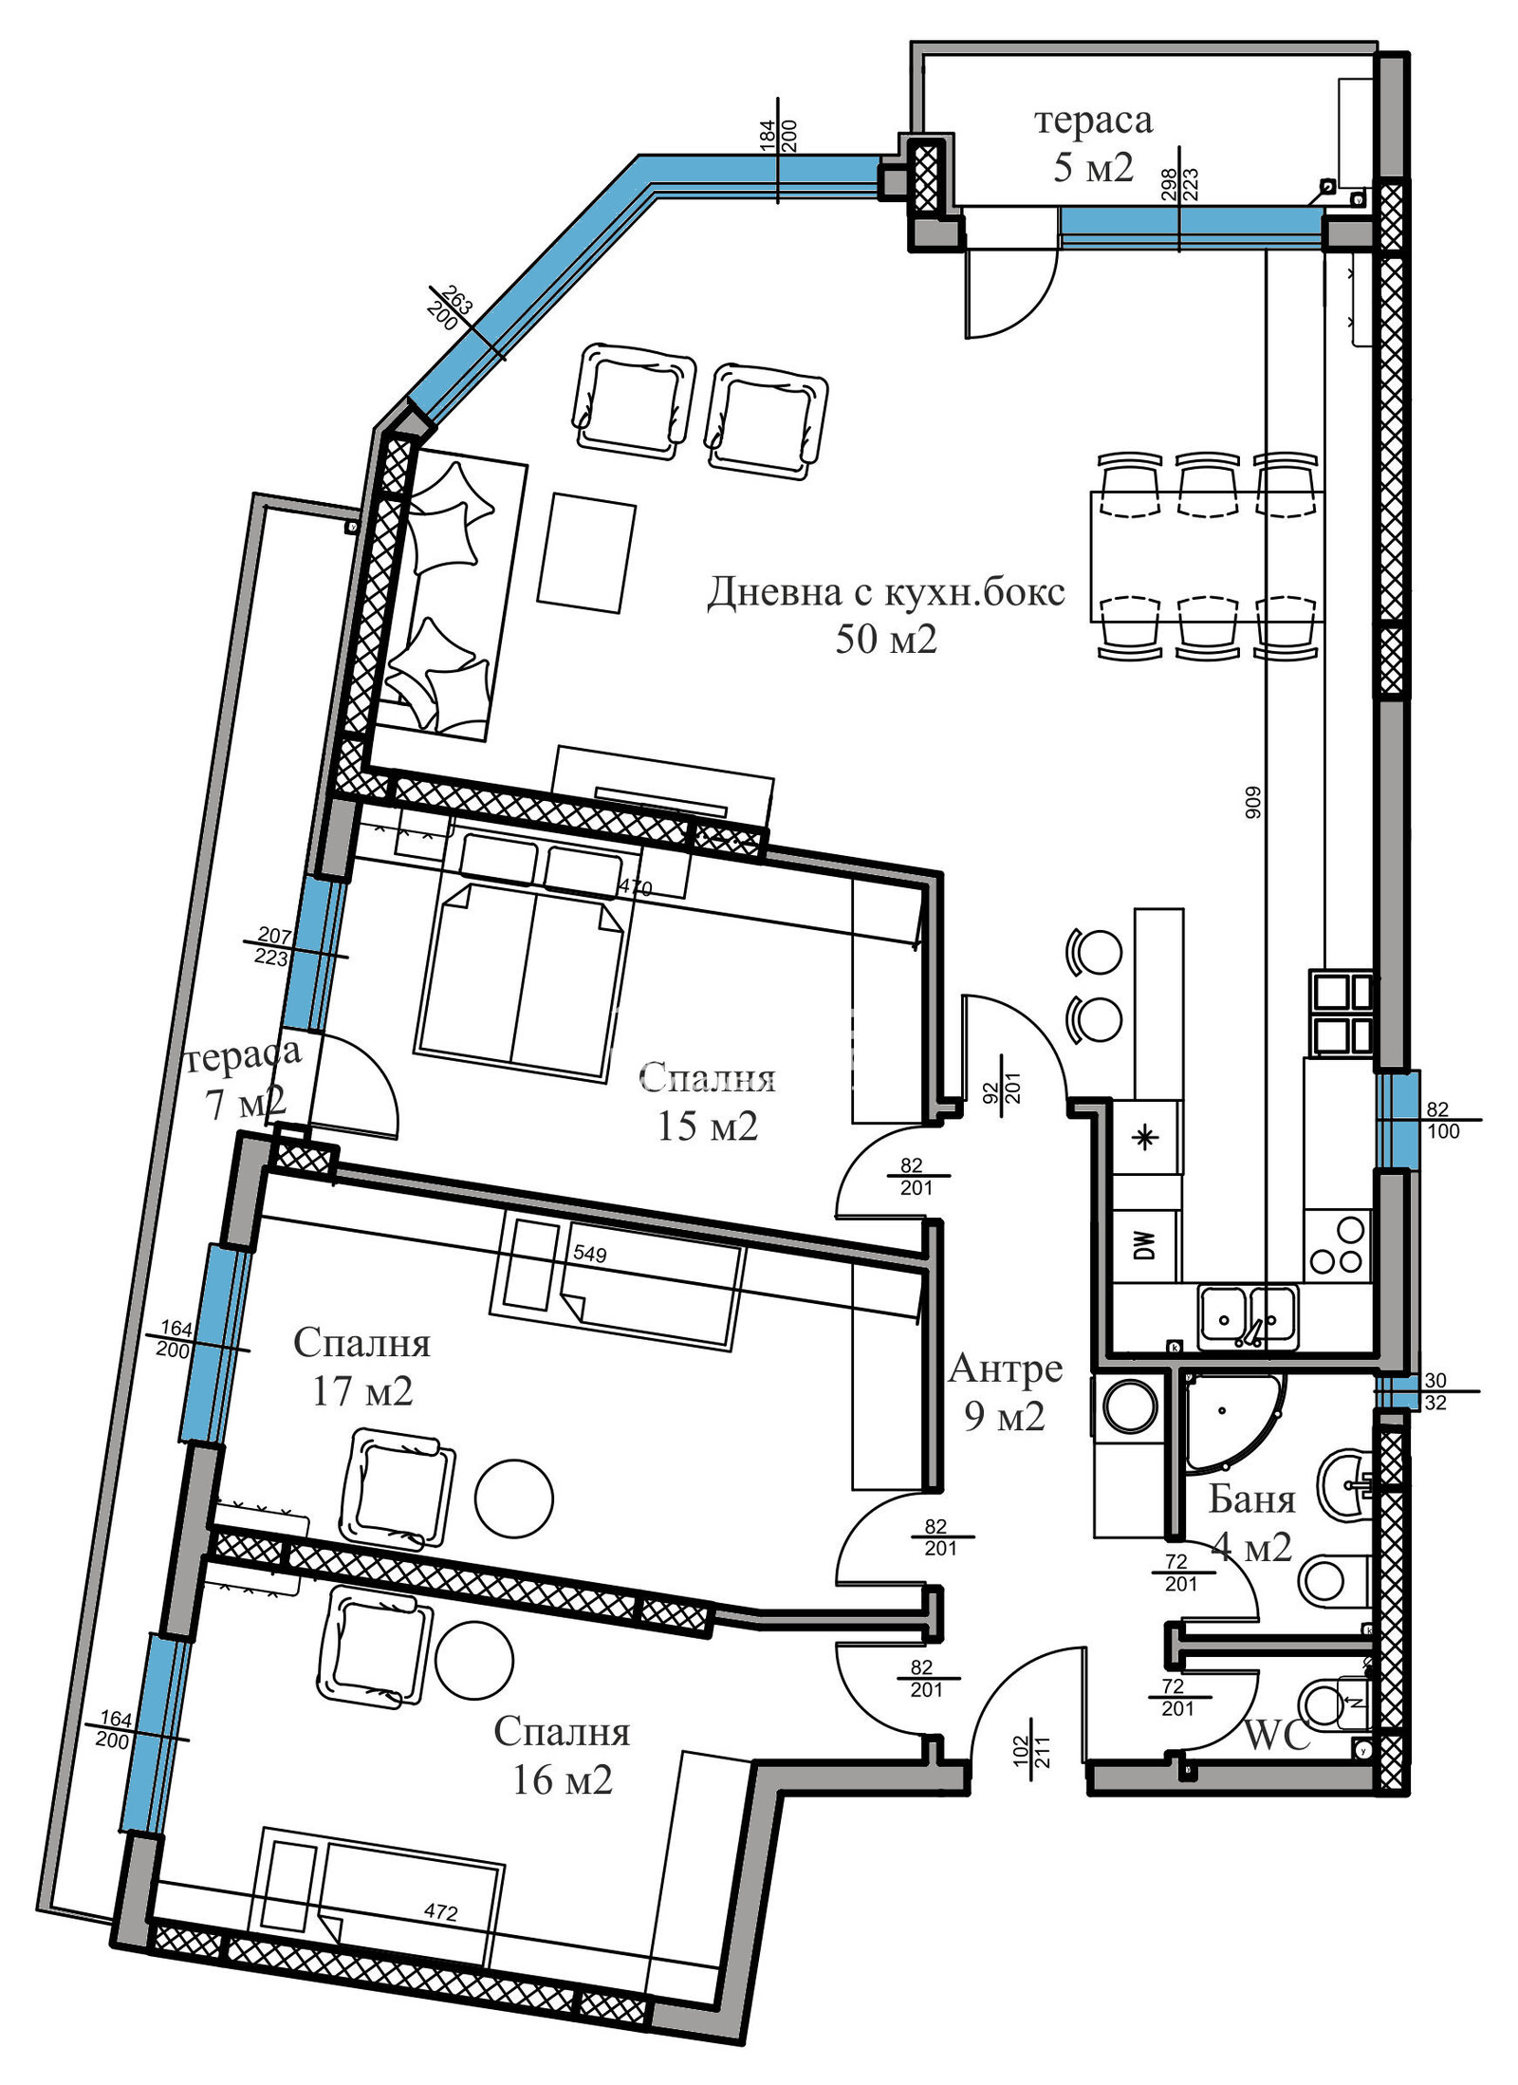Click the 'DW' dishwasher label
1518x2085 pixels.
point(1144,1244)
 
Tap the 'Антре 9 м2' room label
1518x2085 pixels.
point(1005,1392)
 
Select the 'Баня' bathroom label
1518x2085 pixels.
point(1251,1499)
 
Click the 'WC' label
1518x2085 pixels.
point(1276,1736)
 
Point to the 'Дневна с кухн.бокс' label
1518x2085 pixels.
point(886,592)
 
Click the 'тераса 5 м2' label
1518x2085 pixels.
point(1093,143)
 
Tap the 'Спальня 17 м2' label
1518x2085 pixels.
point(362,1368)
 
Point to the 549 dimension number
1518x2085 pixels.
point(589,1255)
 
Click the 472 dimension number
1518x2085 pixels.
point(441,1913)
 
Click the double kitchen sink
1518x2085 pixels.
point(1249,1316)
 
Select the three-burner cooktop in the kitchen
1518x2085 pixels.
point(1338,1244)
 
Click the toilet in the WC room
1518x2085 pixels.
point(1337,1703)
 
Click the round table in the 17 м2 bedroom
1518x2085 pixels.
point(513,1500)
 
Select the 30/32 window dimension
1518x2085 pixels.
point(1435,1391)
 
